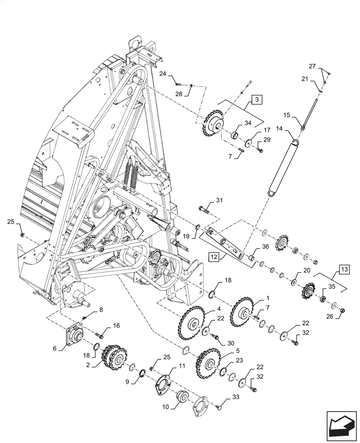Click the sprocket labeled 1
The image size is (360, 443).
pyautogui.click(x=243, y=314)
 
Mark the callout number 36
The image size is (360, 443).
pyautogui.click(x=265, y=247)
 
